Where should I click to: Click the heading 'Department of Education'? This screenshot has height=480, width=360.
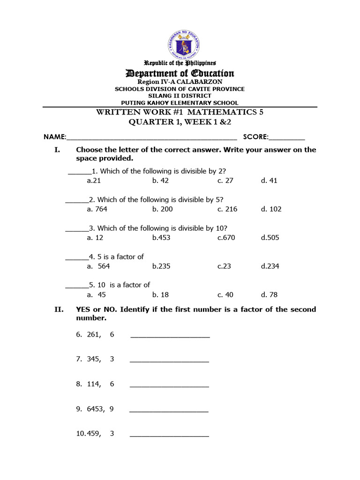(180, 73)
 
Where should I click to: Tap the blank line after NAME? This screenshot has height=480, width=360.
(152, 137)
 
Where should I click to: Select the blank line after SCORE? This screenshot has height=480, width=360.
(287, 137)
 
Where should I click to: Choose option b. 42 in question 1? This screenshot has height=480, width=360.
(160, 180)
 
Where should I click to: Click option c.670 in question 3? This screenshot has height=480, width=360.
(226, 238)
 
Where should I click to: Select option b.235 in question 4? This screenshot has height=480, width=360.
(161, 266)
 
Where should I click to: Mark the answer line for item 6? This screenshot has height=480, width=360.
(170, 336)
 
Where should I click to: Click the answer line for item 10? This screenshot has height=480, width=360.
(169, 435)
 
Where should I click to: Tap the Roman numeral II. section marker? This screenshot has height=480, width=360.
(59, 309)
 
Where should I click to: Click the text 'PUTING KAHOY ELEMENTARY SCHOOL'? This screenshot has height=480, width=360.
(180, 103)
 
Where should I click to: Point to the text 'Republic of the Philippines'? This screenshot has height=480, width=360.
(180, 63)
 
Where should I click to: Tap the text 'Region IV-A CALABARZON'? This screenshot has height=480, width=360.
(180, 82)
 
